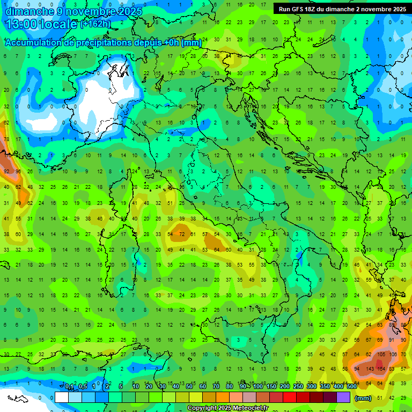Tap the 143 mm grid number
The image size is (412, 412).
click(x=370, y=369)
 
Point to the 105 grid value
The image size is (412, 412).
click(x=382, y=355)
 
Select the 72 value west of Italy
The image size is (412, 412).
click(x=182, y=234)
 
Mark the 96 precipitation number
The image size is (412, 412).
click(x=19, y=172)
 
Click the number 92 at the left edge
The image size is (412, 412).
click(x=7, y=172)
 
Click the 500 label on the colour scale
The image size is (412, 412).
click(x=351, y=387)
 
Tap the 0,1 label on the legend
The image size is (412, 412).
click(x=70, y=387)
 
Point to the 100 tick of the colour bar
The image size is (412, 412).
click(x=258, y=387)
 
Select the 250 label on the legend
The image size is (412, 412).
click(x=298, y=387)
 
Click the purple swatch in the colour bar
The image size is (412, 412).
click(x=343, y=397)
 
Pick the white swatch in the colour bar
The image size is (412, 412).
click(x=62, y=397)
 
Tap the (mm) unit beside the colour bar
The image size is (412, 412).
click(x=363, y=399)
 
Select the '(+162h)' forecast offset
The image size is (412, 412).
click(x=95, y=24)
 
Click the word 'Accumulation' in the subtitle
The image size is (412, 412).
click(x=32, y=43)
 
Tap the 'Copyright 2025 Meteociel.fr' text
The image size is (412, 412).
click(x=227, y=408)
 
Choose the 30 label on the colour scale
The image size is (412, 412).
click(x=162, y=387)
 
